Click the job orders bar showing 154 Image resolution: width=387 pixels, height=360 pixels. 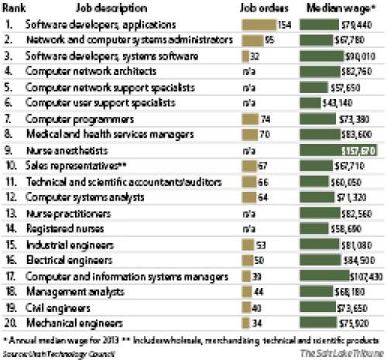click(254, 24)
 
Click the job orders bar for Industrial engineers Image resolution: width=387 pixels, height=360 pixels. click(251, 245)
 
